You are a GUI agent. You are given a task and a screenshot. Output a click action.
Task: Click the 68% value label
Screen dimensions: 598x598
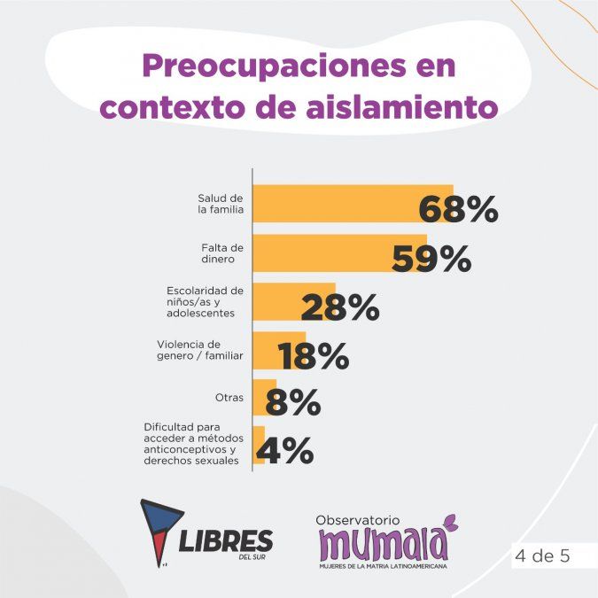coord(457,210)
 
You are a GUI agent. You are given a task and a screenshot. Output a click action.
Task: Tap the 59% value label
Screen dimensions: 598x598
coord(431,259)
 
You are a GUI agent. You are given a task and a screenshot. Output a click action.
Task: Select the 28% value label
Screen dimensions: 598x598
coord(339,307)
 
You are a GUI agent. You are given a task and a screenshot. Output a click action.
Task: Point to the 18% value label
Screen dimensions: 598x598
coord(314,356)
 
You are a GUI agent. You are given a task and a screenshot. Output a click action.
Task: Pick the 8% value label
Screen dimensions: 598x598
coord(292,404)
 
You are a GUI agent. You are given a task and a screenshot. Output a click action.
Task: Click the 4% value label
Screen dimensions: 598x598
coord(284,452)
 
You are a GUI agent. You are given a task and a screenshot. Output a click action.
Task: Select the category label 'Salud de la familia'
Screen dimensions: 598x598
coord(221,204)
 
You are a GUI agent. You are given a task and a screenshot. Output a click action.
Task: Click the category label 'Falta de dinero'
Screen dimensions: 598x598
coord(222,252)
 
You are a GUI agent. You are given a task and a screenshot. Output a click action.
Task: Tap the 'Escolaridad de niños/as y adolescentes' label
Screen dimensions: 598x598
coord(205,301)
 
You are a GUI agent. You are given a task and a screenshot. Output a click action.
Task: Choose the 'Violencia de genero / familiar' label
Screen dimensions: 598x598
coord(200,350)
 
